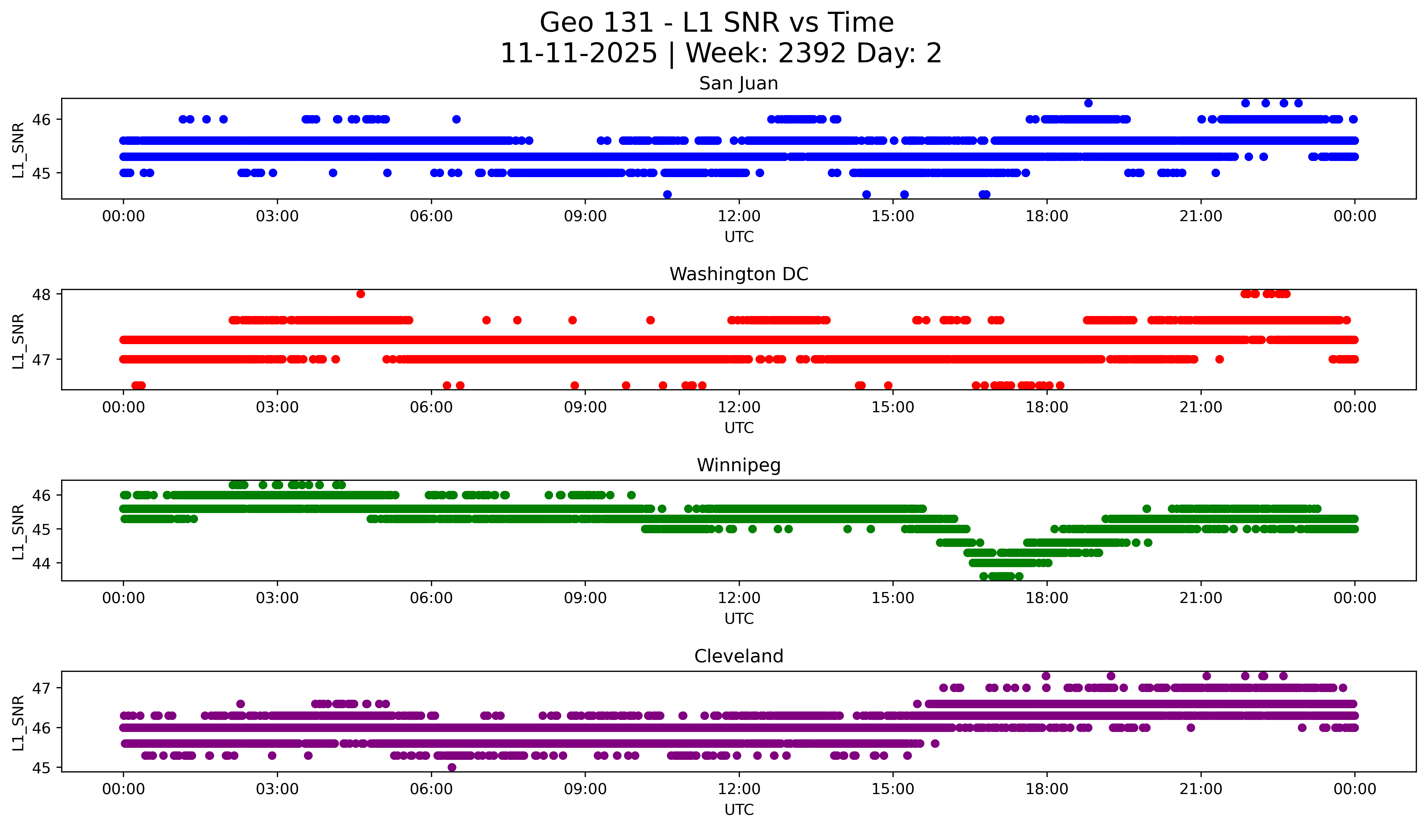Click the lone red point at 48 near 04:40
click(361, 294)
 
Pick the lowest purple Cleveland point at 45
click(452, 767)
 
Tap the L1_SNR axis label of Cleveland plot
click(18, 723)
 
